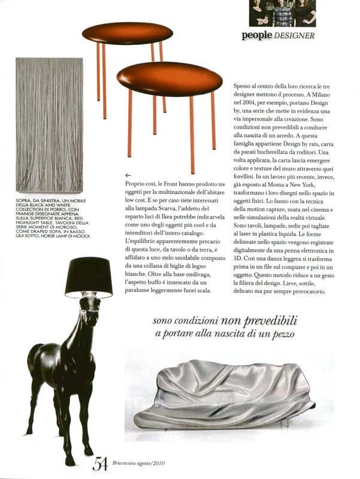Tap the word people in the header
(258, 35)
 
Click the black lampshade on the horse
(89, 277)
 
